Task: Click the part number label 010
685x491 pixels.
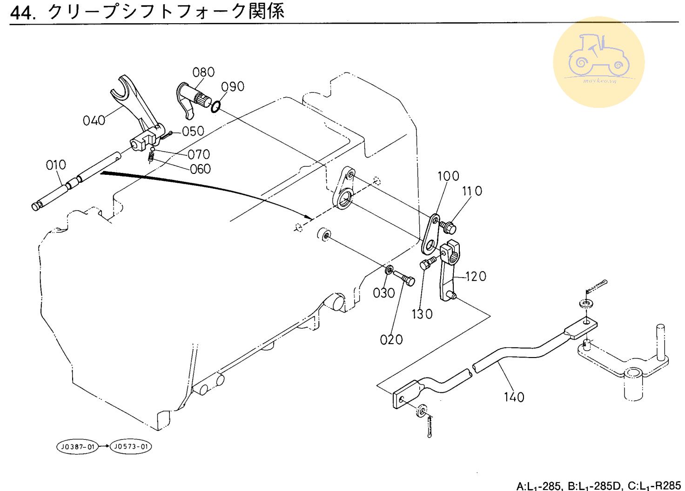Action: [56, 165]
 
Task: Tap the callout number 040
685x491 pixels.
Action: [94, 121]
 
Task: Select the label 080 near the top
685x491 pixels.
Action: [203, 73]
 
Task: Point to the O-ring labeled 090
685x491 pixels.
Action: [215, 107]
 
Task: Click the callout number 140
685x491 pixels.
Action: [514, 397]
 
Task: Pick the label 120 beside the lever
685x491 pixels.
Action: [476, 277]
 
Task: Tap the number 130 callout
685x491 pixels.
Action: [422, 314]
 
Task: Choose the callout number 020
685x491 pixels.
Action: [391, 340]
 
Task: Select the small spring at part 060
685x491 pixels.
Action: [151, 158]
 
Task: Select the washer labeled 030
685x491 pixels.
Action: [389, 270]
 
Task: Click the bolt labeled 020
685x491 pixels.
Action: [404, 279]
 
